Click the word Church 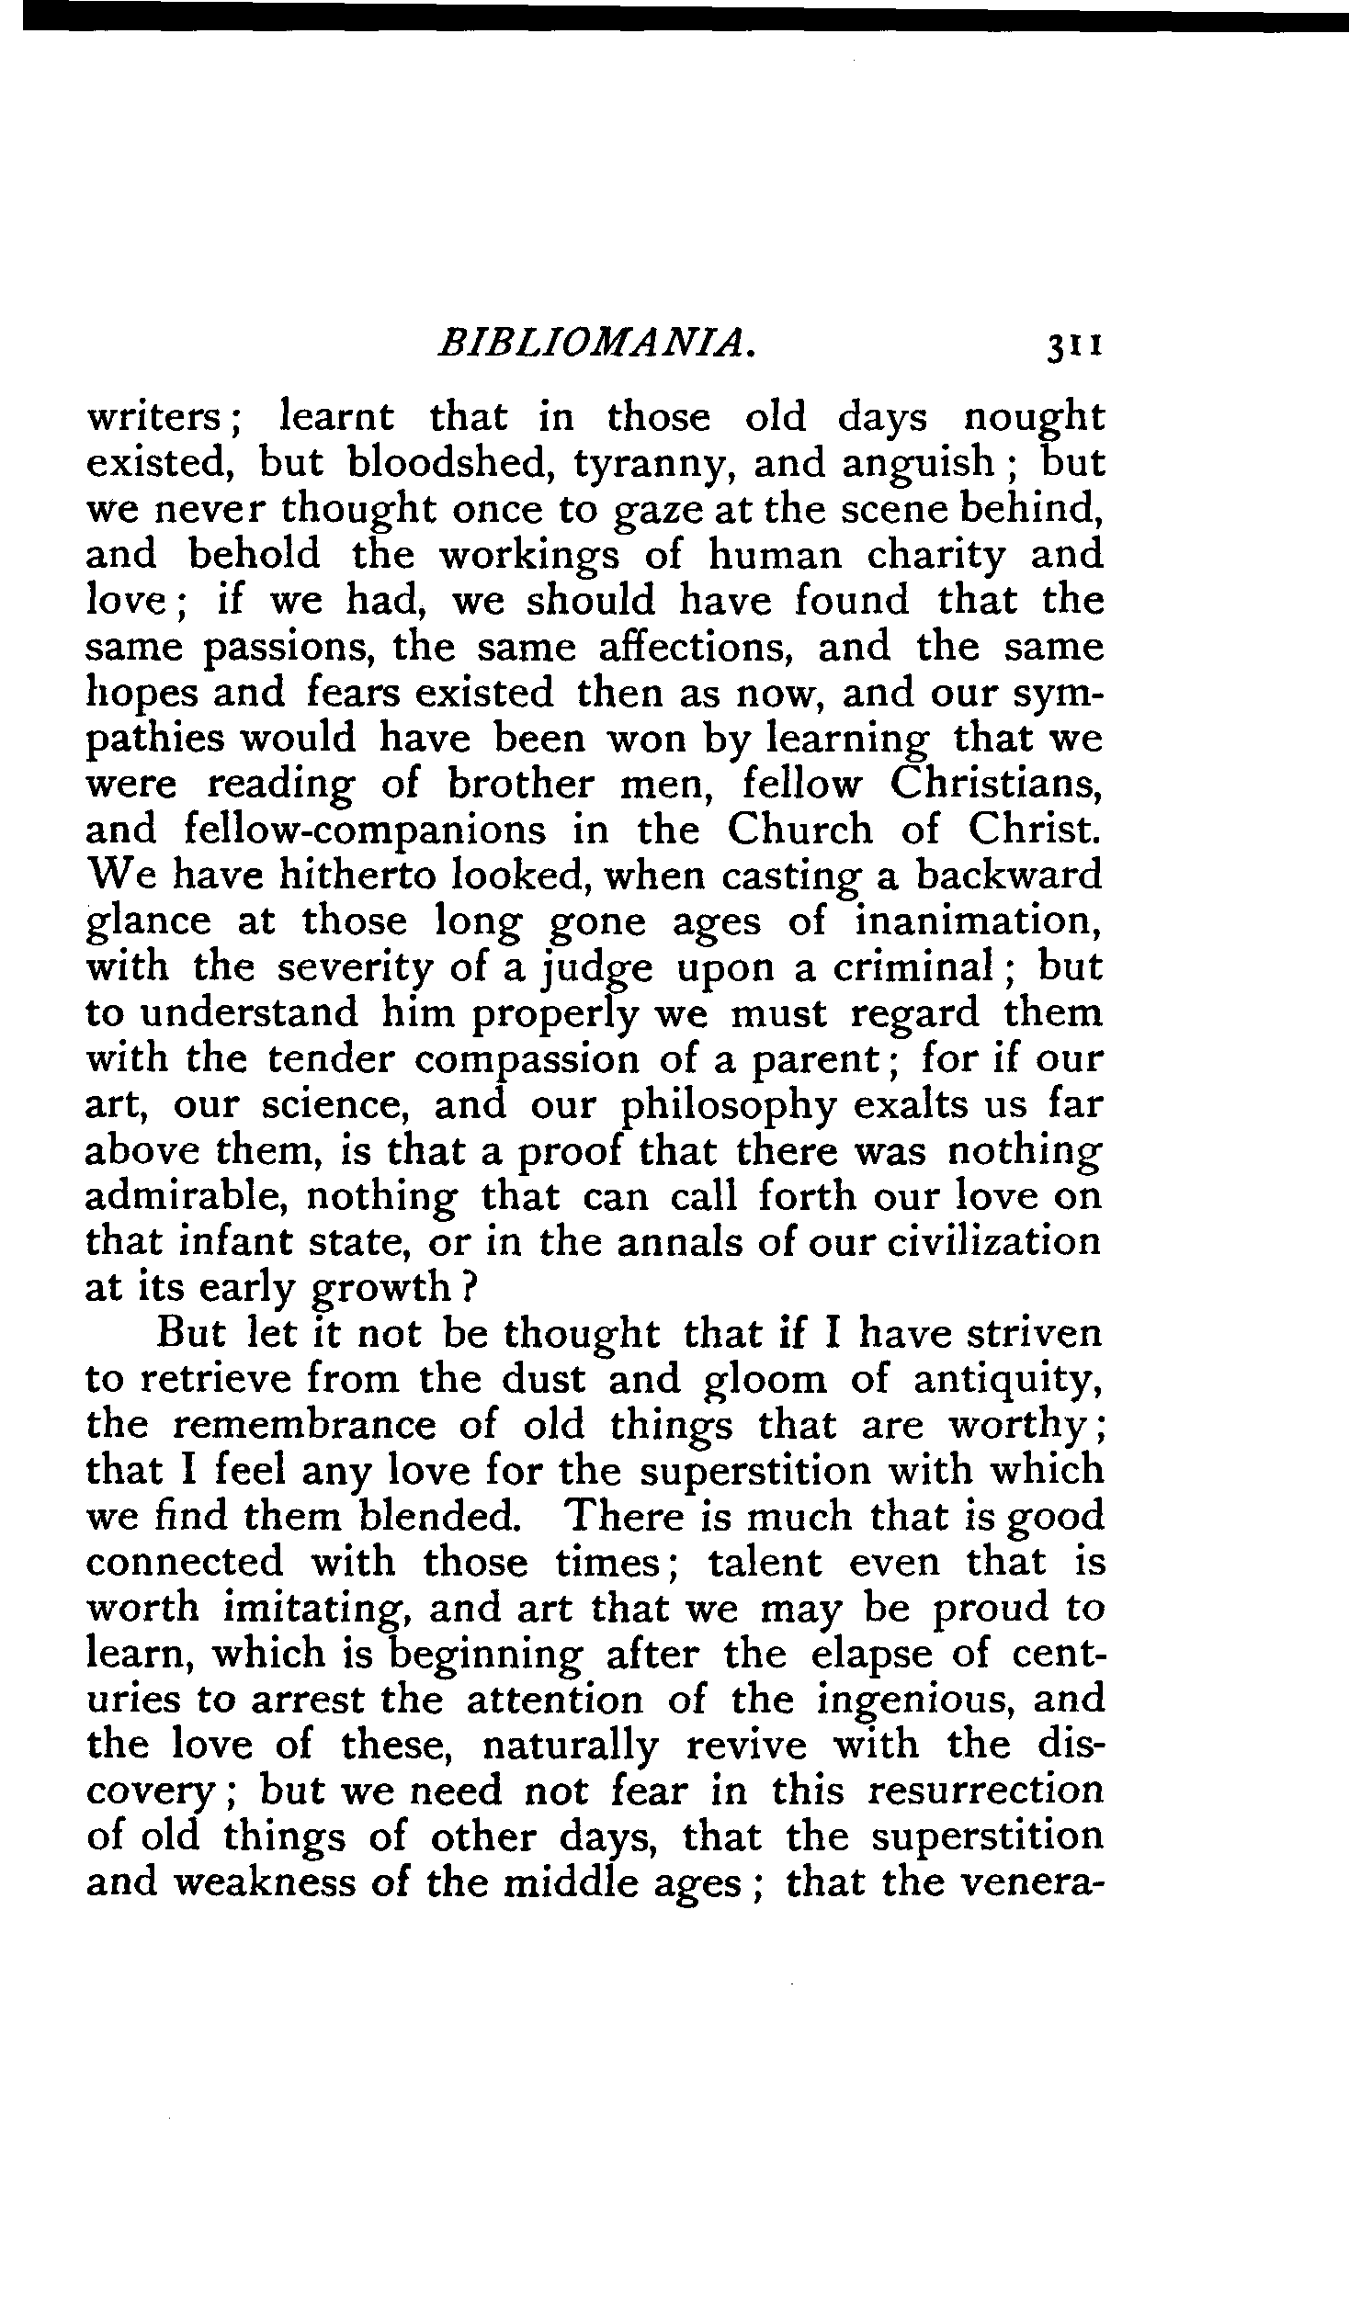click(x=799, y=831)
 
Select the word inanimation click(x=979, y=922)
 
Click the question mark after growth click(x=468, y=1288)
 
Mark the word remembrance click(x=304, y=1427)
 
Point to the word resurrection click(x=985, y=1793)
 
